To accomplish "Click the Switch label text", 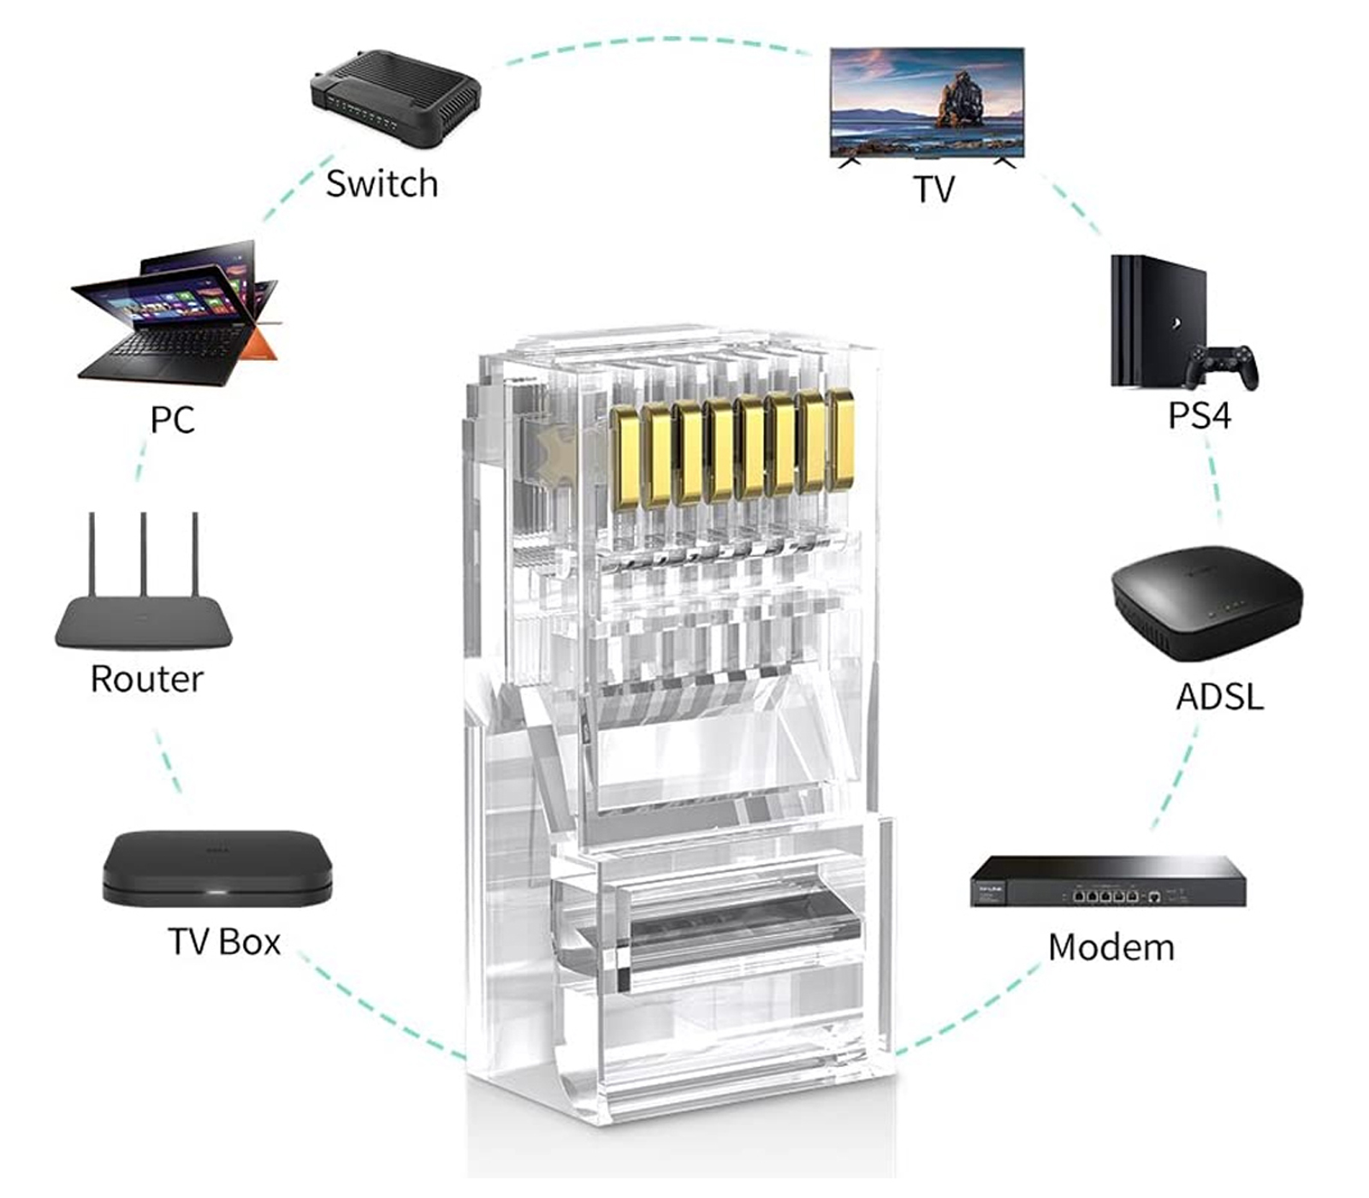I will [382, 184].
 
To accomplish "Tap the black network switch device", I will [394, 98].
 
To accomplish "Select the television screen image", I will [926, 102].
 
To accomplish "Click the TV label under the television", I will [933, 189].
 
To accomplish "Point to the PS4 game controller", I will [1222, 365].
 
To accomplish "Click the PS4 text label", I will [1200, 415].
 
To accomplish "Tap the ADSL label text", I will [1218, 697].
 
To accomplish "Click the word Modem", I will [1111, 947].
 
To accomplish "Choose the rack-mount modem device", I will [1107, 881].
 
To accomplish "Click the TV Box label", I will [224, 942].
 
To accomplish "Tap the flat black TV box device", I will [217, 868].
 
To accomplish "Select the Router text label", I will [147, 679].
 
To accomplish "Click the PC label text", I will [172, 419].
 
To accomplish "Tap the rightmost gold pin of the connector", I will [840, 440].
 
